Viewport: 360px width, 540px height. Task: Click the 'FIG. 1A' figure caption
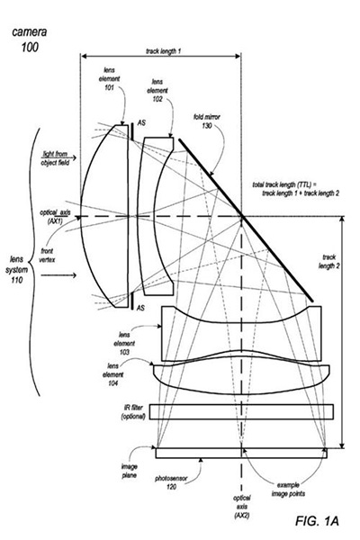pyautogui.click(x=317, y=521)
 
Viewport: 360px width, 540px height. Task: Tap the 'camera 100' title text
pyautogui.click(x=30, y=40)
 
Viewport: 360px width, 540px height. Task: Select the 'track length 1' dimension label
pyautogui.click(x=163, y=51)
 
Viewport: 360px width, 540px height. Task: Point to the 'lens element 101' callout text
pyautogui.click(x=109, y=79)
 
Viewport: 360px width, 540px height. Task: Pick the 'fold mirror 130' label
pyautogui.click(x=207, y=121)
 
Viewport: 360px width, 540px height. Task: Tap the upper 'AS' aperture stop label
pyautogui.click(x=141, y=122)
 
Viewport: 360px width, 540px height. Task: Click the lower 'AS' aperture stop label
pyautogui.click(x=140, y=308)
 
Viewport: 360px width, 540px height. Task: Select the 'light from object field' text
pyautogui.click(x=55, y=158)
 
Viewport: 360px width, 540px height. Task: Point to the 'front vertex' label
pyautogui.click(x=47, y=256)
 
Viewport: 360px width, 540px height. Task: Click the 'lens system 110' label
pyautogui.click(x=16, y=270)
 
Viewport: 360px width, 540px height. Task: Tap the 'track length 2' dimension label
pyautogui.click(x=329, y=261)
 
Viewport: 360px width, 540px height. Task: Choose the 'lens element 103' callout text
pyautogui.click(x=124, y=344)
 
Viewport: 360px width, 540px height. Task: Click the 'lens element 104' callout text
pyautogui.click(x=113, y=374)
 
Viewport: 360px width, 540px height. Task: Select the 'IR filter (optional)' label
pyautogui.click(x=133, y=412)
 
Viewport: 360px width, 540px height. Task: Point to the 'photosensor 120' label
pyautogui.click(x=171, y=482)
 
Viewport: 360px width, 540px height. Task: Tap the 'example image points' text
pyautogui.click(x=288, y=490)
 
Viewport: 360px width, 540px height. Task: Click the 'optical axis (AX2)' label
pyautogui.click(x=242, y=507)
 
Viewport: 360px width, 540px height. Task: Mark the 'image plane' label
pyautogui.click(x=129, y=471)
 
